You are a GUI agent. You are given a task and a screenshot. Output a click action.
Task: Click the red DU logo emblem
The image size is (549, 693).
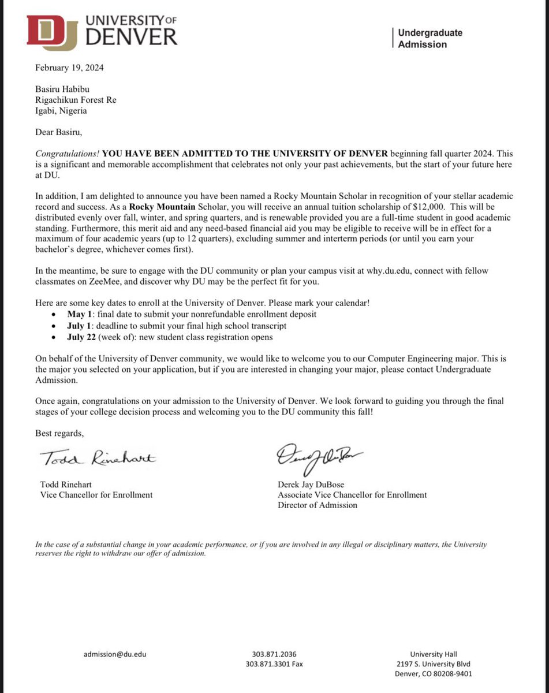(x=53, y=31)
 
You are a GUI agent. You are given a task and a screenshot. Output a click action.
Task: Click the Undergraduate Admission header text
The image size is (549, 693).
(x=430, y=39)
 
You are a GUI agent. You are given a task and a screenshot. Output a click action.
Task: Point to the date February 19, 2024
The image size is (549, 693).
(x=69, y=68)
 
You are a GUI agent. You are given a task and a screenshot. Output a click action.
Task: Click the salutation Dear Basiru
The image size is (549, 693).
(x=59, y=132)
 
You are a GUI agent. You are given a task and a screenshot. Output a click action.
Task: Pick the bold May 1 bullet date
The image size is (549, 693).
(x=79, y=314)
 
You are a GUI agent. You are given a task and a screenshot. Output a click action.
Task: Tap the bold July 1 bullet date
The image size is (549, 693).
(x=79, y=326)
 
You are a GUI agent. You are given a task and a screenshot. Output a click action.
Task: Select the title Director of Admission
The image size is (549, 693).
(x=317, y=505)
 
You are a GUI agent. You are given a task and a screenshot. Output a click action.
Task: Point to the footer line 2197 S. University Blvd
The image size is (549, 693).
(x=434, y=664)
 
